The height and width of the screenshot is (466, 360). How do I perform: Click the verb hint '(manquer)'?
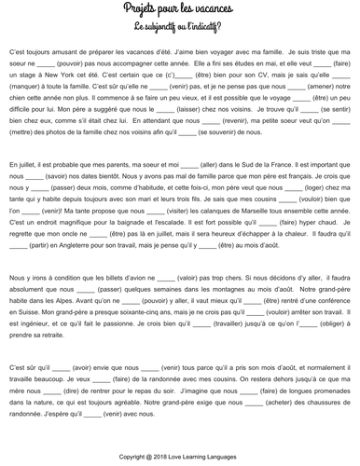34,90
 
